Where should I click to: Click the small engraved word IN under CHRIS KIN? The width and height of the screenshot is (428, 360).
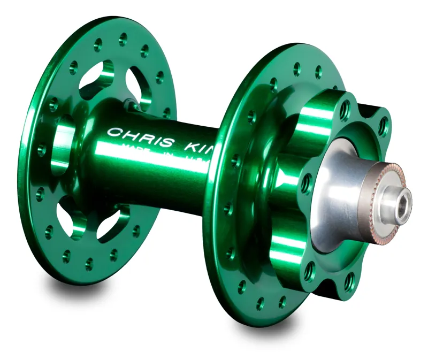tap(160, 151)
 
